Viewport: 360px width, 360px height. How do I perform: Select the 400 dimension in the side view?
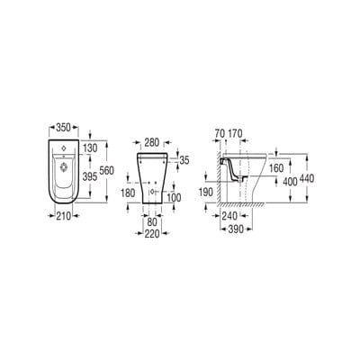click(x=289, y=183)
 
